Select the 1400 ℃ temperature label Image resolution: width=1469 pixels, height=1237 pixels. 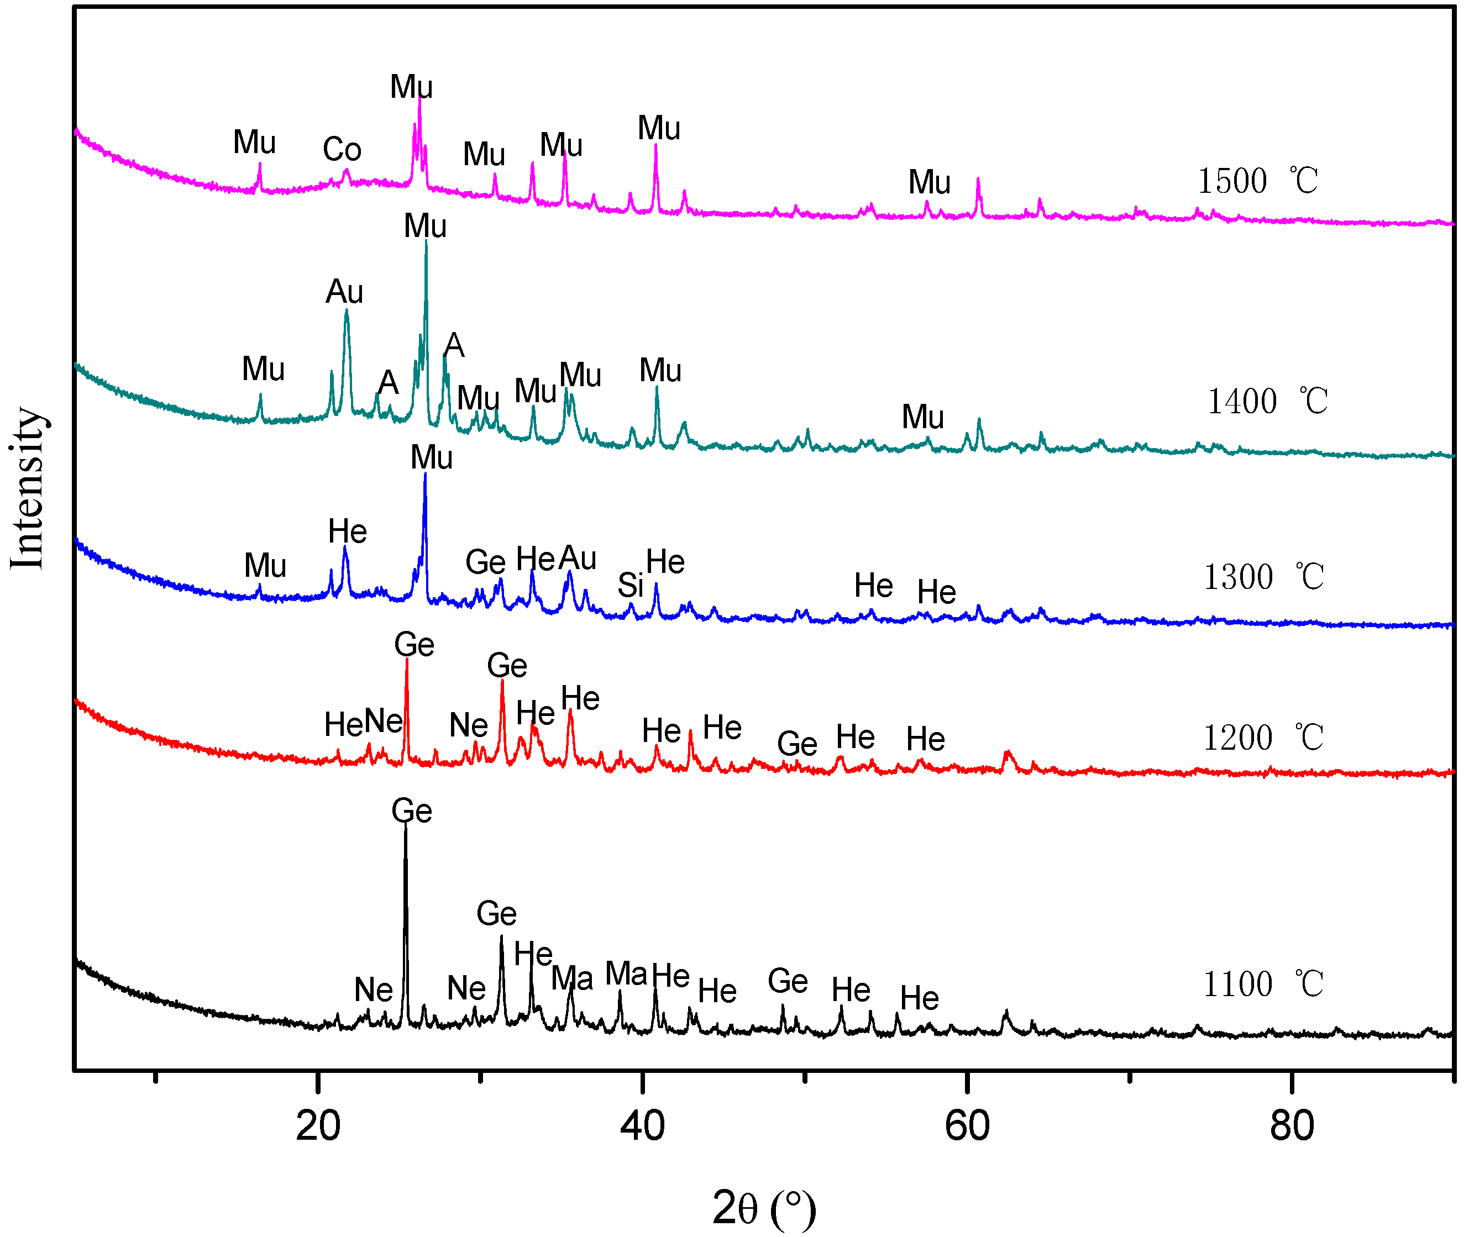(1267, 401)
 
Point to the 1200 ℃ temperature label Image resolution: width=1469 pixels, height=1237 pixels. (1263, 737)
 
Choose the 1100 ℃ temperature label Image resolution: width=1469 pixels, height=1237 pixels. (1263, 984)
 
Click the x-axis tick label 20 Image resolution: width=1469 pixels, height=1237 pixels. (318, 1126)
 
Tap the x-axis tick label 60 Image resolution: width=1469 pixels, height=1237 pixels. (967, 1126)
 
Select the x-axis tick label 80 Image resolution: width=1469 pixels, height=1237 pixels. (1292, 1126)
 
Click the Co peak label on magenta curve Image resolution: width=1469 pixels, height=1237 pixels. (342, 149)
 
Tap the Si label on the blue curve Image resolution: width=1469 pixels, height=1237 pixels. (630, 585)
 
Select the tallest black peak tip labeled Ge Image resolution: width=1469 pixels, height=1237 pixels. (406, 825)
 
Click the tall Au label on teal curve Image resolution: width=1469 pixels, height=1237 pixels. (344, 292)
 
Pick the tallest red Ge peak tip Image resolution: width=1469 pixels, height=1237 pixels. (407, 659)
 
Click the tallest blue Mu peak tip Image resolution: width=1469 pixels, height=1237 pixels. (425, 475)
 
